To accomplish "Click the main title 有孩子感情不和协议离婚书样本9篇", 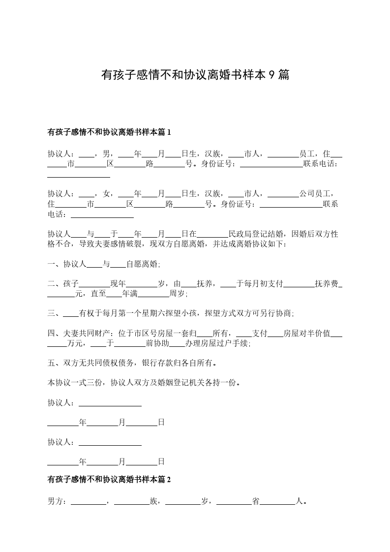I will (x=195, y=75).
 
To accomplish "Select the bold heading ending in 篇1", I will (x=109, y=132).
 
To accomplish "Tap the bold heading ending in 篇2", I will (x=109, y=480).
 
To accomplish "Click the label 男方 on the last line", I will (x=55, y=502).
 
